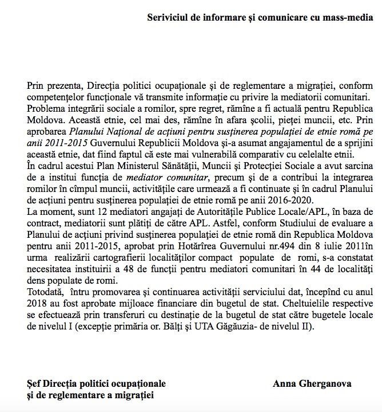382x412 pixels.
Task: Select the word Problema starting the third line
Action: (x=46, y=106)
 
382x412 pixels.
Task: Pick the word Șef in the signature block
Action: (x=34, y=383)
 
